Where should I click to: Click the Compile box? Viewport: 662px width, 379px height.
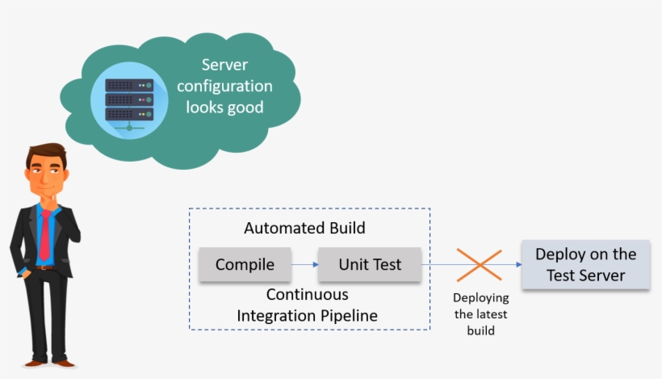(245, 264)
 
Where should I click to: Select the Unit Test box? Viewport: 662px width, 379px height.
(369, 264)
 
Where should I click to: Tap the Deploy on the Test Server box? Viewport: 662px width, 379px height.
(585, 264)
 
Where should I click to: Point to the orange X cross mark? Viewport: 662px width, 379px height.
(480, 265)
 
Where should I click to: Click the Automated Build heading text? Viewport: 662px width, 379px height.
(304, 229)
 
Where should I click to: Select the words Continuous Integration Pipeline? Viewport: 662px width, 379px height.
(307, 305)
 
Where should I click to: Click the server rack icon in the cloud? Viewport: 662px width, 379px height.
(129, 98)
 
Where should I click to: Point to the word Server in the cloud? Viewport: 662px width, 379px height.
(224, 65)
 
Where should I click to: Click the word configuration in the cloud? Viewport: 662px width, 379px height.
(224, 86)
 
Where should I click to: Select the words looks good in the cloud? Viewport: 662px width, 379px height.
(224, 107)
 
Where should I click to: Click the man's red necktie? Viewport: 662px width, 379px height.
(45, 234)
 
